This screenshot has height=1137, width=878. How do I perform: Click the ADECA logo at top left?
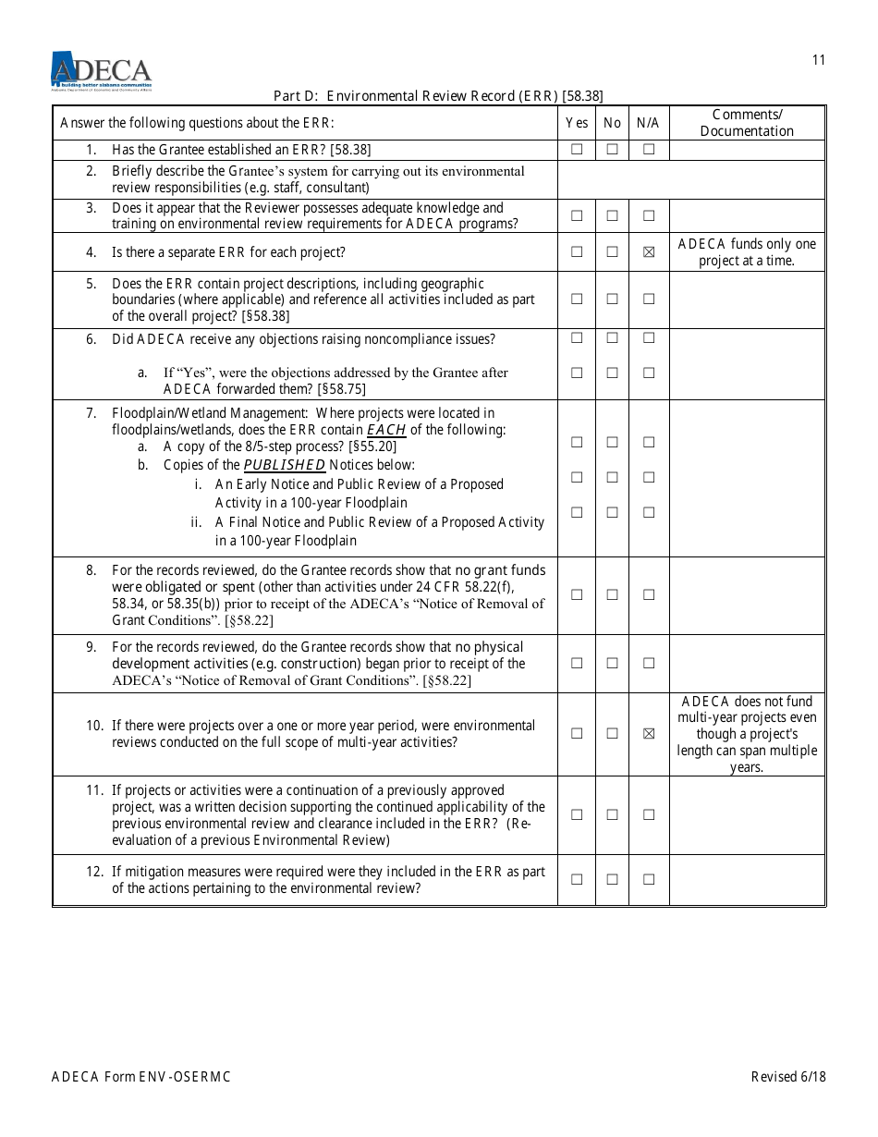101,70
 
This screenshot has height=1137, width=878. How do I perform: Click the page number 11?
819,60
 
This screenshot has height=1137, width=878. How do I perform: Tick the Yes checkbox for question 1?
577,149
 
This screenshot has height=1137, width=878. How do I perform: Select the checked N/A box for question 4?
649,252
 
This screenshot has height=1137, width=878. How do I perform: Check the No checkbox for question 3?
612,215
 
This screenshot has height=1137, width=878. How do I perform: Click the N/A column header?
648,123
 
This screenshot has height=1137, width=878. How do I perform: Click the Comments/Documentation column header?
747,123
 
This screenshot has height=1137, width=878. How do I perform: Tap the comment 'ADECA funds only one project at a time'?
747,252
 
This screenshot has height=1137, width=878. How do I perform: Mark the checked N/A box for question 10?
649,734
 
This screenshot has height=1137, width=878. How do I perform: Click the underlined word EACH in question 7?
386,430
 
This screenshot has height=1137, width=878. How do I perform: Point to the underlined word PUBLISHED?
284,465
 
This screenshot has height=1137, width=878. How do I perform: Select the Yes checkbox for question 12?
577,879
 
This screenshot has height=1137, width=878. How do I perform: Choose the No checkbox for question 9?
612,663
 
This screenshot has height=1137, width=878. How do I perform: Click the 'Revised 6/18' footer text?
788,1077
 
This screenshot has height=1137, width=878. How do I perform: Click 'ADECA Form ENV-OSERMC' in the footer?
147,1077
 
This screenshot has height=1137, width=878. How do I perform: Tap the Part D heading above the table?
438,95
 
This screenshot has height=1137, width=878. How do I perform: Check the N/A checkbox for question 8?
649,594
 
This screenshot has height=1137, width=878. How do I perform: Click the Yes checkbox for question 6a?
577,373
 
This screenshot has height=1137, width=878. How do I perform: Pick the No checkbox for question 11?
612,814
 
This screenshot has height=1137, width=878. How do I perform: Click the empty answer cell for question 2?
690,179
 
